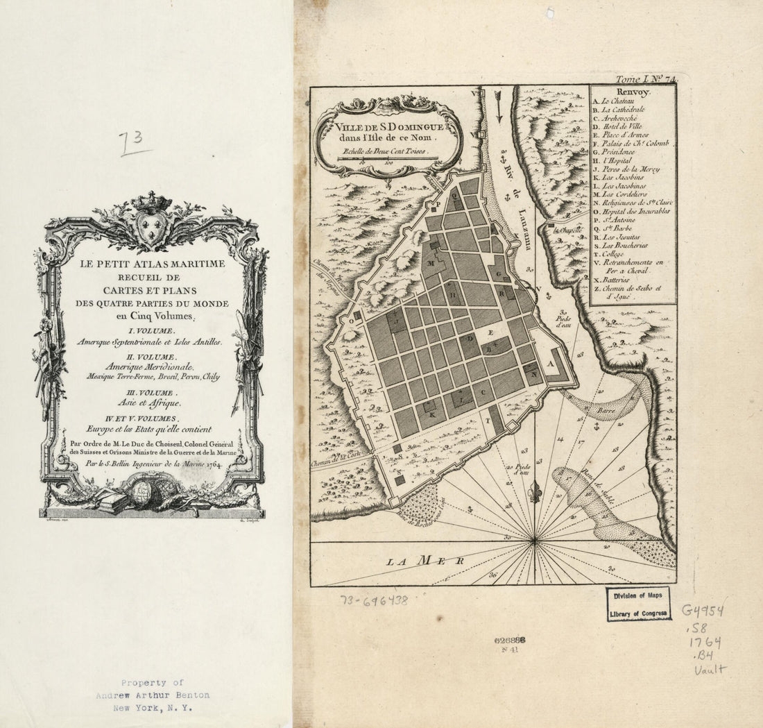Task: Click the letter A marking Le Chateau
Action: (551, 362)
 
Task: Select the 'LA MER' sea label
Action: (426, 559)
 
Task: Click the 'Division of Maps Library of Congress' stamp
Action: (639, 603)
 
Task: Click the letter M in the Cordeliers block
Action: (431, 263)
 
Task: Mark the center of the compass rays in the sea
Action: (535, 541)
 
